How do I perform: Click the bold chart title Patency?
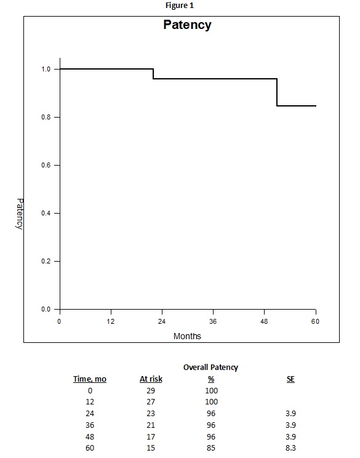coord(187,25)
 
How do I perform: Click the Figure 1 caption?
coord(180,6)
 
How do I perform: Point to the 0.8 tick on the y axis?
coord(57,117)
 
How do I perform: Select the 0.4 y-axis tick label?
coord(46,213)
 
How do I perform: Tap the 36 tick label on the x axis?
coord(213,321)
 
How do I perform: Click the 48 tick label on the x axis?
coord(264,321)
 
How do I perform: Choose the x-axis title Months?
coord(187,336)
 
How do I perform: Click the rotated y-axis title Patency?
coord(20,214)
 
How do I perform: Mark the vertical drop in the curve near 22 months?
coord(153,74)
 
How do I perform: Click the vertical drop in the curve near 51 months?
coord(277,92)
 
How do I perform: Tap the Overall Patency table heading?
coord(210,367)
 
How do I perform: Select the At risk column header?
coord(151,379)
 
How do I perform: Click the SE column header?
coord(290,379)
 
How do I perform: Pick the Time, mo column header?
coord(90,379)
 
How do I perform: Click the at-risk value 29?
coord(151,390)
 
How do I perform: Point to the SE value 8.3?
coord(290,448)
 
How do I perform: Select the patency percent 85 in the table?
coord(211,448)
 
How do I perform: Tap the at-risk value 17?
coord(151,436)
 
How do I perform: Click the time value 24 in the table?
coord(90,413)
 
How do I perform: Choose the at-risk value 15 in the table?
coord(151,448)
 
